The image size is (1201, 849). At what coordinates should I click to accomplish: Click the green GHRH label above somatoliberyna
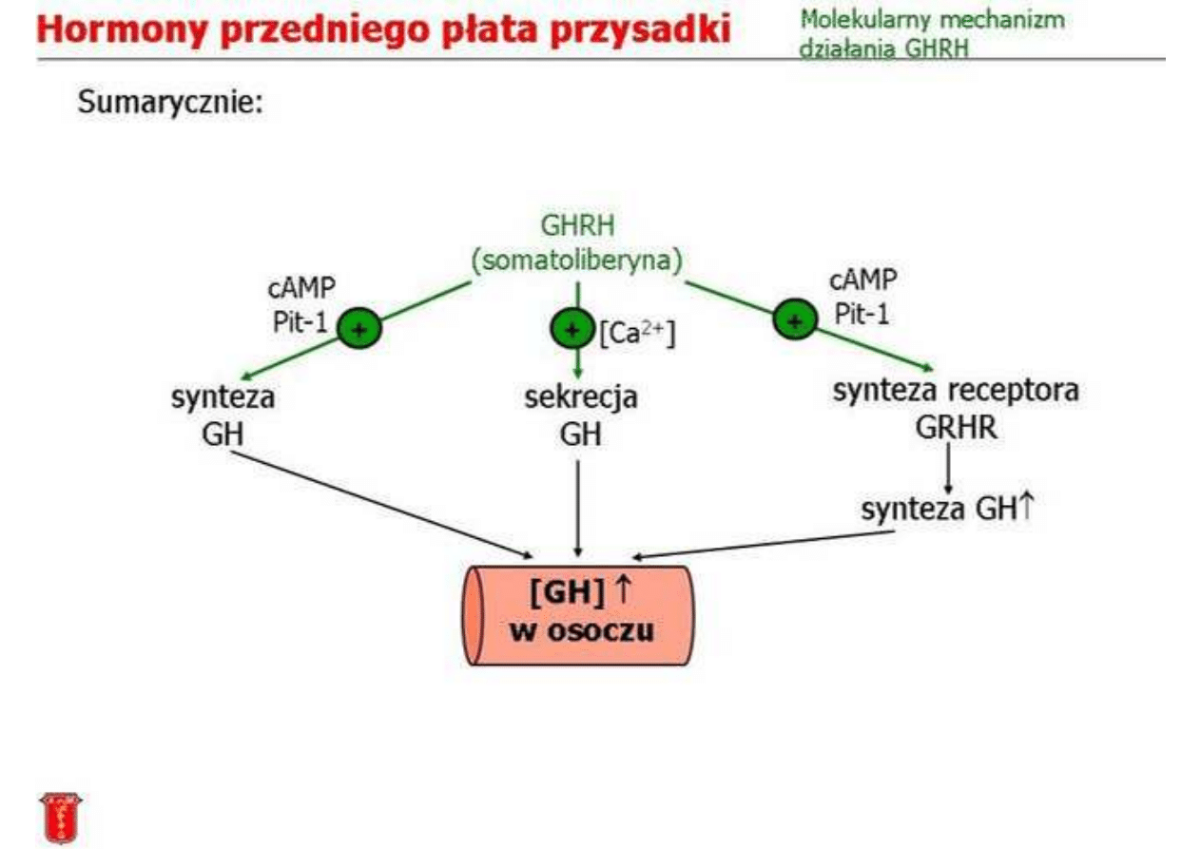pyautogui.click(x=577, y=225)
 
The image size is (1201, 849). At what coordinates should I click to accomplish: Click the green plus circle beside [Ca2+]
pyautogui.click(x=572, y=329)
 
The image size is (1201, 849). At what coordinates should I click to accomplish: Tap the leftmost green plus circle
pyautogui.click(x=359, y=328)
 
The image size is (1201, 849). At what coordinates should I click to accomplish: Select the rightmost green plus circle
pyautogui.click(x=795, y=319)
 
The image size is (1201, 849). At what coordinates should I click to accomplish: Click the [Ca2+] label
pyautogui.click(x=637, y=334)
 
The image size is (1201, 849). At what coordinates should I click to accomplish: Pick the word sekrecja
pyautogui.click(x=581, y=397)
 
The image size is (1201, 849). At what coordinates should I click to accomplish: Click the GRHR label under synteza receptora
pyautogui.click(x=956, y=428)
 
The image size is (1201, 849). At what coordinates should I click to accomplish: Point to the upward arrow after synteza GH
pyautogui.click(x=1026, y=506)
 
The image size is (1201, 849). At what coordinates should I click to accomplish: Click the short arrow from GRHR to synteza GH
pyautogui.click(x=948, y=469)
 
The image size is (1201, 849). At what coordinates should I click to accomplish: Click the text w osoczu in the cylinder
pyautogui.click(x=582, y=630)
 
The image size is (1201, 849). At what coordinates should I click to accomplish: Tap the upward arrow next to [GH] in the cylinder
pyautogui.click(x=623, y=589)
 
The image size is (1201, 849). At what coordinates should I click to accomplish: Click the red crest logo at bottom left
pyautogui.click(x=61, y=818)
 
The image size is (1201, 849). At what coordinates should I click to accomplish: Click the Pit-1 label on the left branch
pyautogui.click(x=300, y=322)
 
